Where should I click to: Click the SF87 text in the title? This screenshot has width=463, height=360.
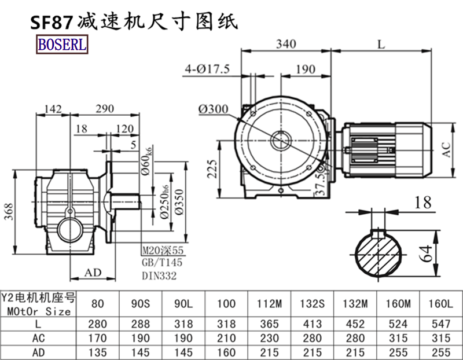click(51, 22)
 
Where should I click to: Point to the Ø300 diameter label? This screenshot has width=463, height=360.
click(197, 108)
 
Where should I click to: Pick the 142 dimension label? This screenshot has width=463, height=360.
click(53, 109)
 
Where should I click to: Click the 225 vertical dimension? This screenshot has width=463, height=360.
click(212, 169)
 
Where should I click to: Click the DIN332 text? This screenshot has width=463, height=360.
click(159, 275)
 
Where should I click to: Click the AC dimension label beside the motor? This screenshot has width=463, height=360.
click(447, 149)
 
